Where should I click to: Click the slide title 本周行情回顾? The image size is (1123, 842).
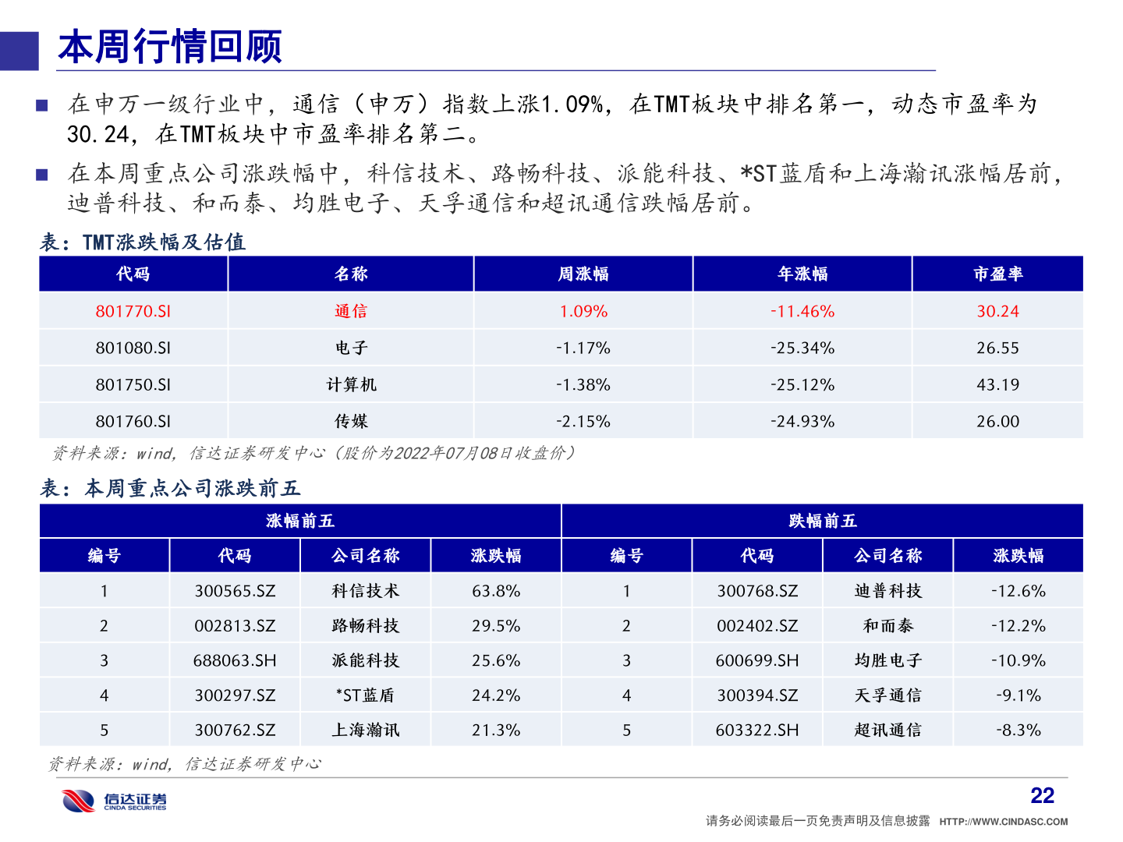pos(170,47)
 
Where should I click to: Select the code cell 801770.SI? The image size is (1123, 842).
pos(133,311)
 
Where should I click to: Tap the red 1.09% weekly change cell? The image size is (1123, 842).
pos(583,311)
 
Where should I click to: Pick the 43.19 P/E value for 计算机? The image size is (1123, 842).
pos(997,384)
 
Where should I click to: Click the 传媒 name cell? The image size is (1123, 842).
pos(351,421)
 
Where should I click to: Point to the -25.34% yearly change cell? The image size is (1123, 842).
pos(802,348)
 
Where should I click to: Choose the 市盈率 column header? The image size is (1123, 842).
pos(997,274)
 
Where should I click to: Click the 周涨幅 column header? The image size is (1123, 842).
pos(583,274)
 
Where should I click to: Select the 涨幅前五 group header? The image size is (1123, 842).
pos(300,521)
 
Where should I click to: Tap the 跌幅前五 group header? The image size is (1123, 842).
pos(822,521)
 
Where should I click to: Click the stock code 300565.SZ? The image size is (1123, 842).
pos(235,591)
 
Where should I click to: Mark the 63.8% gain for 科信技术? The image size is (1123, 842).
pos(496,591)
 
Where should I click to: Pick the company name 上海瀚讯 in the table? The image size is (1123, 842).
pos(366,731)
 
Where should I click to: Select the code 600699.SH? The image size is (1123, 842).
pos(757,660)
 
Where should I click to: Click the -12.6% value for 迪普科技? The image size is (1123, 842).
pos(1018,591)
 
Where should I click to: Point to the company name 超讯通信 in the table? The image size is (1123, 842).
pos(887,731)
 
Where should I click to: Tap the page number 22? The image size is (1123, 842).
pos(1042,795)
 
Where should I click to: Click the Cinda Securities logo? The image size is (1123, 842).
pos(115,801)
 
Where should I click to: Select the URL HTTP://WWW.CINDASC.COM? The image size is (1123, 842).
pos(1003,822)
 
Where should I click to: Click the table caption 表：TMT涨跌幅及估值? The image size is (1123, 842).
pos(143,242)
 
